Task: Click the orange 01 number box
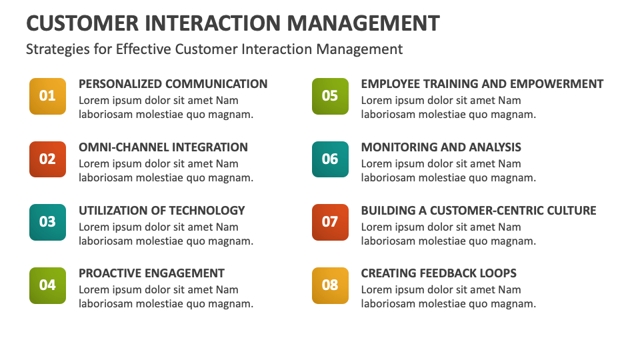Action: (47, 96)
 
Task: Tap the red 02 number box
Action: (47, 159)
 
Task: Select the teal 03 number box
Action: (47, 222)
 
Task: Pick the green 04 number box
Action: (47, 285)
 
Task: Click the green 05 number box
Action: (330, 96)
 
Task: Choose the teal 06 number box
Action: (330, 159)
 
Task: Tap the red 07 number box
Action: (330, 222)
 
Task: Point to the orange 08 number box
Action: (330, 285)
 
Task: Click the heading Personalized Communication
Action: (173, 84)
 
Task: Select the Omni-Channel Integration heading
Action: (163, 147)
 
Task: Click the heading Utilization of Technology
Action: (162, 211)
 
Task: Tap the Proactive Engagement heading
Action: (151, 273)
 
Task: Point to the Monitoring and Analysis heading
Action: (441, 147)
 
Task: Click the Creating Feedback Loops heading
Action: (439, 273)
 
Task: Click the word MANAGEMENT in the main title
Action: (363, 23)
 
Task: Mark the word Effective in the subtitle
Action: (143, 49)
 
